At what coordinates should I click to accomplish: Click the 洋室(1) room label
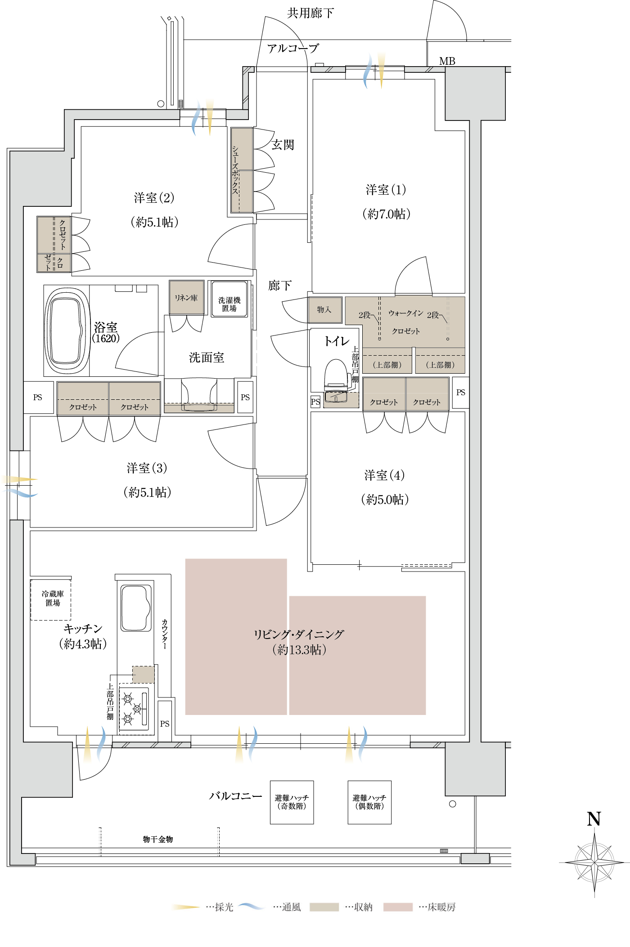tap(386, 190)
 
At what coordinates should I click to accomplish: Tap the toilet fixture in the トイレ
tap(336, 375)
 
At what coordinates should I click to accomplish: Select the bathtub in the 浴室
tap(67, 331)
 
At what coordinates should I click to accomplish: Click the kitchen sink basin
tap(135, 608)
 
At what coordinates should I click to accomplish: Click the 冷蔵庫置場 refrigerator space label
tap(53, 598)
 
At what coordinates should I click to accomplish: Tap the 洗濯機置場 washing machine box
tap(229, 299)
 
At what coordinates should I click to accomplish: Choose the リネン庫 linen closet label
tap(186, 298)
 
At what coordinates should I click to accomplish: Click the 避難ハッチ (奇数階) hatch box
tap(292, 802)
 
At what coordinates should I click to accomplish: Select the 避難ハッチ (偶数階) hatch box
tap(369, 802)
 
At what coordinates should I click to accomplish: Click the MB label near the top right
tap(447, 61)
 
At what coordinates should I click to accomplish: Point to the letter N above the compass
tap(594, 819)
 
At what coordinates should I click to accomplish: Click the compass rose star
tap(594, 862)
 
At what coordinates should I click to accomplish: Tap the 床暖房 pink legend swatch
tap(398, 907)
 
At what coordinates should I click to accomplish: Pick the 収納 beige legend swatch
tap(324, 907)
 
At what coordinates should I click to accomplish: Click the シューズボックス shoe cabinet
tap(242, 170)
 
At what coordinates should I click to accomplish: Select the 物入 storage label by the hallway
tap(324, 309)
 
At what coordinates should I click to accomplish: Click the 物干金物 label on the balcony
tap(158, 839)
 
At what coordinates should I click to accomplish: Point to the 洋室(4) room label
tap(384, 475)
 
